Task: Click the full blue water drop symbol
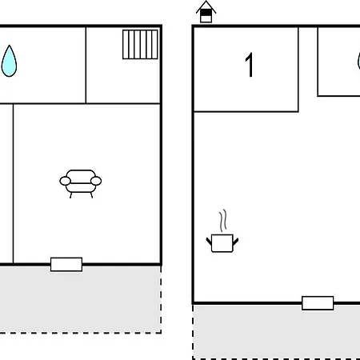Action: [x=9, y=61]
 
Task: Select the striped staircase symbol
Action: [x=140, y=44]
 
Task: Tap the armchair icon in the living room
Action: [x=81, y=184]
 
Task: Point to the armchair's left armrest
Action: [x=65, y=181]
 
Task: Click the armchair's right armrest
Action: [x=96, y=181]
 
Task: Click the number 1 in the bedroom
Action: [x=250, y=65]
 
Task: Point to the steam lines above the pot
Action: [x=223, y=221]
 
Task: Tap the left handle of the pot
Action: [x=209, y=242]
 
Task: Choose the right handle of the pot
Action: [x=236, y=242]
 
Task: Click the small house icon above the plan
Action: [x=206, y=12]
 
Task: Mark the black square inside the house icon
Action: [x=206, y=13]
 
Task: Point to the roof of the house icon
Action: [x=206, y=6]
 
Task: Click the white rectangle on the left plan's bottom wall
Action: [x=66, y=264]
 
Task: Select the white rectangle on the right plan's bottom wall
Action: [x=318, y=303]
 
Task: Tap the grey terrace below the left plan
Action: [x=80, y=299]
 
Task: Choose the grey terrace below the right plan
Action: [x=276, y=332]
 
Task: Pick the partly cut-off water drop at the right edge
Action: [x=358, y=61]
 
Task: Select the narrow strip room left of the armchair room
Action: [x=6, y=184]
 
